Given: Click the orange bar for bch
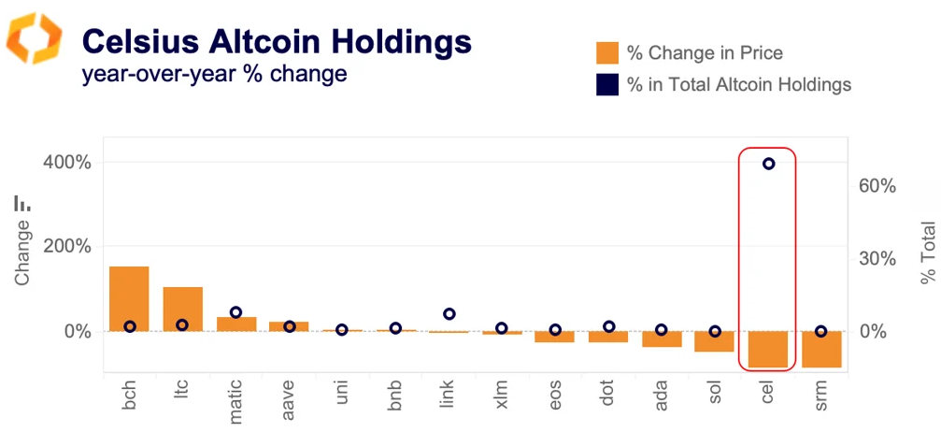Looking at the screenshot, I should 129,298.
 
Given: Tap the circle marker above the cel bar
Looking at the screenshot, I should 768,164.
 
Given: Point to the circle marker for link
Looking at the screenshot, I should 449,314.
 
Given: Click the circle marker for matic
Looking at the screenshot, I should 235,312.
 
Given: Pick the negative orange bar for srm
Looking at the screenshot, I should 820,349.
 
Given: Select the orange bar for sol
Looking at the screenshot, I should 714,341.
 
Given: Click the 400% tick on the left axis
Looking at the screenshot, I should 67,163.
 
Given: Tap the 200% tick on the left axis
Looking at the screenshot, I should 67,247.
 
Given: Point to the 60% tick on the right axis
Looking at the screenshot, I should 877,186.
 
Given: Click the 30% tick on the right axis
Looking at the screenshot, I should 877,259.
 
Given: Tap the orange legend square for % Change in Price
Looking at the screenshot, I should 606,53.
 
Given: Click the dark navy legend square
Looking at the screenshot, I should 606,85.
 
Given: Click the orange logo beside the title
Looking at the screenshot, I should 35,38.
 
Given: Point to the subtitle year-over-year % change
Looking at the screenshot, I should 215,74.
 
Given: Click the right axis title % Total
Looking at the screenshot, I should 927,252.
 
